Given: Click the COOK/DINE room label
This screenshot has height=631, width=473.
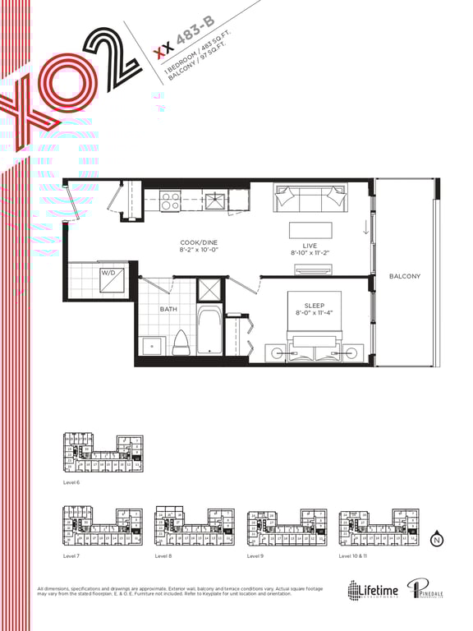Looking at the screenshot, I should tap(198, 242).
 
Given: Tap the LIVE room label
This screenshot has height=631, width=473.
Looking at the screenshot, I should tap(310, 246).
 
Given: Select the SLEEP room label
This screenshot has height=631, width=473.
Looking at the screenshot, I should tap(314, 305).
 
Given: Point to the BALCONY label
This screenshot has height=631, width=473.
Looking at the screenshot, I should tap(404, 276).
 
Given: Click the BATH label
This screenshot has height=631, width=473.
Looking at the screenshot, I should tap(168, 309).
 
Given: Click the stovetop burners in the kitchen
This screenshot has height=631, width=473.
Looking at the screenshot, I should tap(171, 200).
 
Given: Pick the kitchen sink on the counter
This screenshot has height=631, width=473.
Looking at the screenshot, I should tap(216, 200).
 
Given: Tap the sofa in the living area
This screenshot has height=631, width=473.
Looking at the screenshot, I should tap(310, 197).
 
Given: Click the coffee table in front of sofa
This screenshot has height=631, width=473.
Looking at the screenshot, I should tap(310, 229).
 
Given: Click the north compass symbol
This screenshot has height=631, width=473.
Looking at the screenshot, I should tap(437, 539).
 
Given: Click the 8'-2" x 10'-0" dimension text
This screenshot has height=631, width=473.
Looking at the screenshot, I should tap(198, 250).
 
